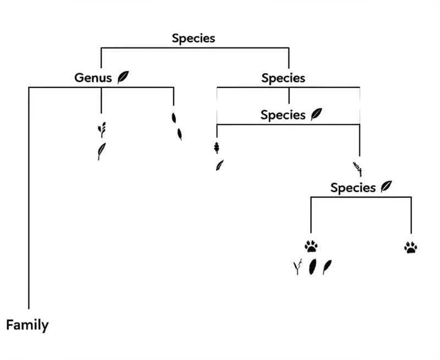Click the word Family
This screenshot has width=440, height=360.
(x=27, y=325)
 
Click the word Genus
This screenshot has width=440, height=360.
(x=94, y=77)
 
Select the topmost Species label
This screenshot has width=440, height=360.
(x=193, y=38)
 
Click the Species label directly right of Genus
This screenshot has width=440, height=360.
(x=283, y=78)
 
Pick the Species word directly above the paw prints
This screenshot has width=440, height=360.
(x=353, y=187)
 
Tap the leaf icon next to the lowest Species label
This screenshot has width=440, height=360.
(x=387, y=186)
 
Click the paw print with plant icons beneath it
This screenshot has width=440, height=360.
(x=311, y=247)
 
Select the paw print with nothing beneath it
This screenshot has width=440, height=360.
(x=410, y=247)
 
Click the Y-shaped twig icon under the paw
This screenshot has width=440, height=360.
(x=298, y=267)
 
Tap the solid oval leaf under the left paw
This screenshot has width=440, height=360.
(x=312, y=267)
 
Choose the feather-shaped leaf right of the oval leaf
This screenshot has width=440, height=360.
(x=327, y=267)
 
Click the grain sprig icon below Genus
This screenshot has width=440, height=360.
(x=101, y=129)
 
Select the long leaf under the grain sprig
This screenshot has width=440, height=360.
(x=101, y=151)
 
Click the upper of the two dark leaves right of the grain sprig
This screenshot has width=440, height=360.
(x=174, y=118)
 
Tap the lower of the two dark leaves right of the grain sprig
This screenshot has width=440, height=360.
(x=179, y=134)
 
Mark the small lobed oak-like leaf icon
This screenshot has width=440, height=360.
(x=216, y=147)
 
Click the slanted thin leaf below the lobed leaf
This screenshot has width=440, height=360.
(x=219, y=164)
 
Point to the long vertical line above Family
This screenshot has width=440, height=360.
(x=28, y=198)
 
